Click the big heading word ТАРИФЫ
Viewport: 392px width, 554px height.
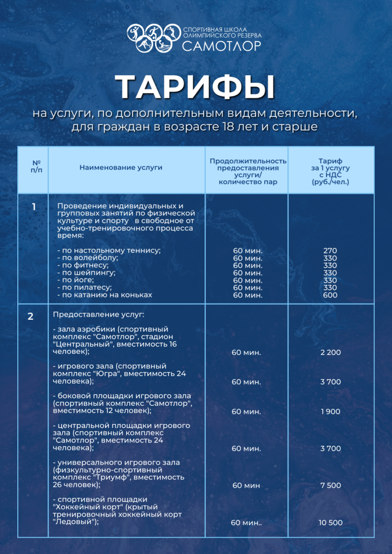coord(195,86)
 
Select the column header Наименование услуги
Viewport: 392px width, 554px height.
coord(121,168)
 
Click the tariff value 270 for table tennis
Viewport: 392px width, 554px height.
coord(330,250)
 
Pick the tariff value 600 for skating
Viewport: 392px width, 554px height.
coord(330,295)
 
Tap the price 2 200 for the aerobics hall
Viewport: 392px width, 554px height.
coord(330,353)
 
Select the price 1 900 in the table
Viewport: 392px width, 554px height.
coord(330,412)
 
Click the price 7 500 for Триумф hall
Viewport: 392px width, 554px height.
coord(330,485)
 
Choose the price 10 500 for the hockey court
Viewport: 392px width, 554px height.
coord(330,523)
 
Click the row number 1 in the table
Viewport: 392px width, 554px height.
coord(34,207)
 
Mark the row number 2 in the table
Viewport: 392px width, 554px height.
coord(31,316)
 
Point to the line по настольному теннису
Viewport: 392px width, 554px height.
coord(109,250)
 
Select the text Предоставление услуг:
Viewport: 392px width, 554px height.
coord(99,314)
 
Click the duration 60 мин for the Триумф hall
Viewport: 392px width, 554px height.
coord(246,485)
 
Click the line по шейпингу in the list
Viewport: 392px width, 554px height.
coord(86,273)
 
